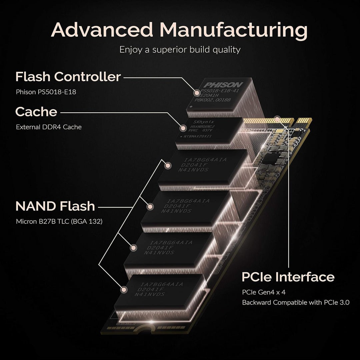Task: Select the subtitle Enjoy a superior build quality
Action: tap(180, 50)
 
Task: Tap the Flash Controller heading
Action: tap(68, 77)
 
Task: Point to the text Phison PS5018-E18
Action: tap(46, 92)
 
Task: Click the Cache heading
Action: tap(36, 112)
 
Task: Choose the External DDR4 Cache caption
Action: tap(49, 127)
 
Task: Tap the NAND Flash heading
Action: tap(55, 206)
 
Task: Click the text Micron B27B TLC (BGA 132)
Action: tap(59, 221)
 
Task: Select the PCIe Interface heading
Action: tap(288, 277)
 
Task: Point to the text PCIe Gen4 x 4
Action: tap(264, 293)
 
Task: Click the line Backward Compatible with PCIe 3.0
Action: tap(296, 303)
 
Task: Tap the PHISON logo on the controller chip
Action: tap(224, 85)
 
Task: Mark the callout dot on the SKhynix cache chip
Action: tap(183, 128)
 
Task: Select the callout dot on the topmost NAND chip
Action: tap(168, 165)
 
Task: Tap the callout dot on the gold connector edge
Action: tap(277, 118)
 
